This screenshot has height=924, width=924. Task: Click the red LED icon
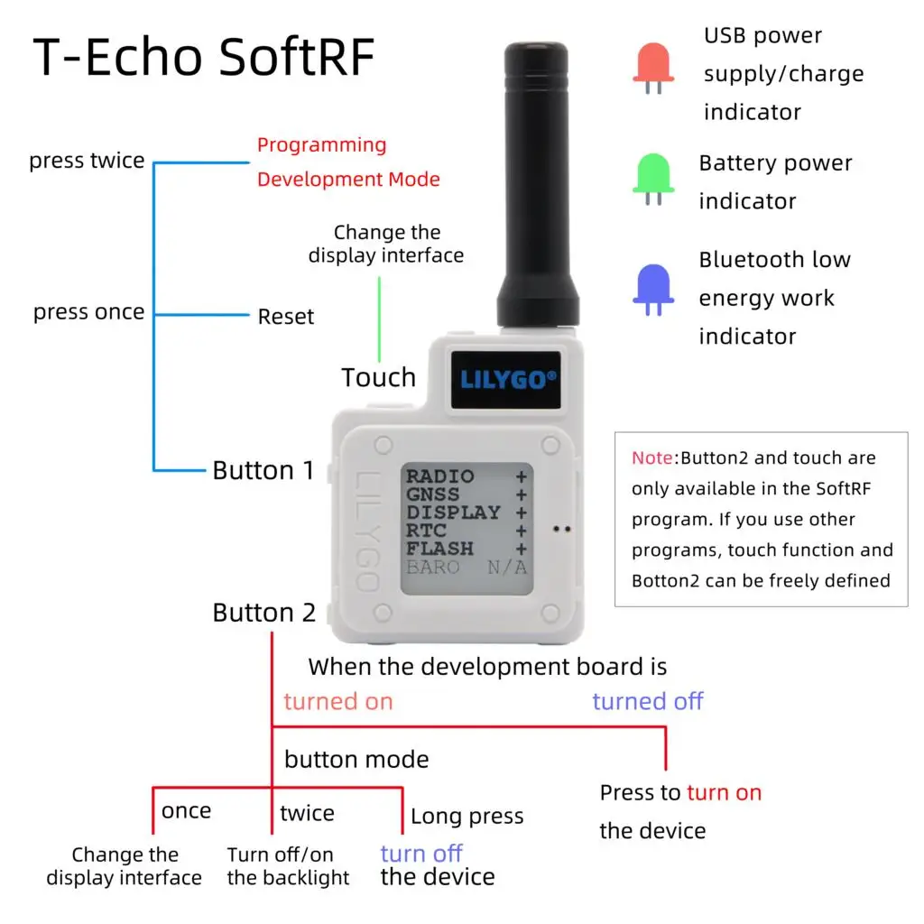(x=653, y=67)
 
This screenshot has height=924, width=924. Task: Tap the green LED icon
(x=653, y=179)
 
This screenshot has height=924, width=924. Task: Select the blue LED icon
(x=653, y=290)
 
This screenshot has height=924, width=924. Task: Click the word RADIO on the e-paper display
(x=439, y=476)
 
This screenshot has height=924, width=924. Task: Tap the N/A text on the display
(x=507, y=568)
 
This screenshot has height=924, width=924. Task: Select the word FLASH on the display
(x=439, y=550)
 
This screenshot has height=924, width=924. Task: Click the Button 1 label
(x=263, y=470)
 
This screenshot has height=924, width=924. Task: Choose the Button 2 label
(x=264, y=613)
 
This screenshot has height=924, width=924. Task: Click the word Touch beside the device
(x=378, y=377)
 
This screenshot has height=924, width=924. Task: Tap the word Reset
(x=286, y=317)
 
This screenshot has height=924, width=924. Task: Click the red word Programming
(x=322, y=145)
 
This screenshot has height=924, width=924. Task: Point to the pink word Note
(x=652, y=457)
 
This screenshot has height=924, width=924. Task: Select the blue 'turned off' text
(x=648, y=701)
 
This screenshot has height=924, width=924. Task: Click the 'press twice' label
(x=87, y=161)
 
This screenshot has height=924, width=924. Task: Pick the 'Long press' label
(x=467, y=817)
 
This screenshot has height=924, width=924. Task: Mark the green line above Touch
(x=380, y=319)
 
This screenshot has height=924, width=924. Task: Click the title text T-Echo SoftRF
(x=204, y=57)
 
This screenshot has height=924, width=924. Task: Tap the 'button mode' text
(x=356, y=760)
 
